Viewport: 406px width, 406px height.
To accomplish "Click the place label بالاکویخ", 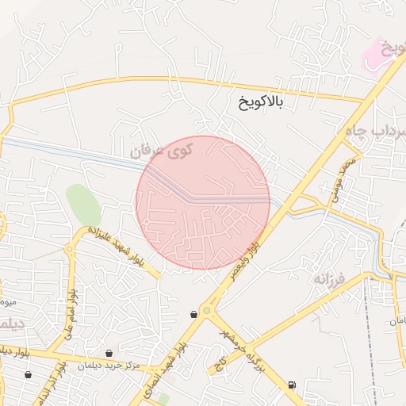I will tap(260, 101).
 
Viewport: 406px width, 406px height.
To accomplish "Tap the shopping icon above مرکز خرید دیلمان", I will tap(109, 353).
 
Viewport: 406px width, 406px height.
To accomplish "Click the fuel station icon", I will tap(293, 385).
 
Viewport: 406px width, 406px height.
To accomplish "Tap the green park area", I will tap(83, 205).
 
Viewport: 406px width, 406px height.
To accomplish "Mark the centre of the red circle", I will tap(203, 202).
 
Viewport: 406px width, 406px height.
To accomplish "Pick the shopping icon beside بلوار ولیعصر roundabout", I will tap(193, 315).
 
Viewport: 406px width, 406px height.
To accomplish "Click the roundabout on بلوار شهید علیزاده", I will tap(69, 248).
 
